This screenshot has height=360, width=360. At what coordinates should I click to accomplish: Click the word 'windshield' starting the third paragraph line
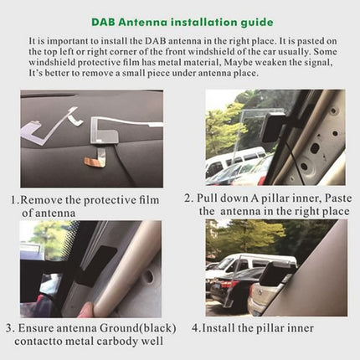(x=51, y=61)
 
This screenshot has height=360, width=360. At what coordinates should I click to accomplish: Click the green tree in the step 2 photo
(x=222, y=126)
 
